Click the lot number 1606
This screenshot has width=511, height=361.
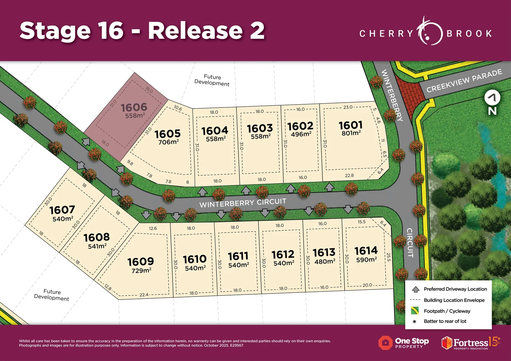134,107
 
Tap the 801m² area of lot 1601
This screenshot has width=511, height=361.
351,133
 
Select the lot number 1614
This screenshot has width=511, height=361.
366,251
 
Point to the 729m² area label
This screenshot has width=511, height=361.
141,270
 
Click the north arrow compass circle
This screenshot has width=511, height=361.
492,98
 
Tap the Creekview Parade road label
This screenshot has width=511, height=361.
464,81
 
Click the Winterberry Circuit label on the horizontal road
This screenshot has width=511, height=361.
243,203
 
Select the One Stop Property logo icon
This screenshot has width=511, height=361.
385,343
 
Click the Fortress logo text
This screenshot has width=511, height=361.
471,343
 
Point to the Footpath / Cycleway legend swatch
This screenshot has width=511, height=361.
415,311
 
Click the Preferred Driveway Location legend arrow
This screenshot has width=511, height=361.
416,289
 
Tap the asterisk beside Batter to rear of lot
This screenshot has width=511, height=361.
415,322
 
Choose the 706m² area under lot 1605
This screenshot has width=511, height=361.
168,142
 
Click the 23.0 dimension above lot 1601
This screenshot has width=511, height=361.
348,107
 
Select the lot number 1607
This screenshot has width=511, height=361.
62,210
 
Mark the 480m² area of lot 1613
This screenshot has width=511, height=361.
325,261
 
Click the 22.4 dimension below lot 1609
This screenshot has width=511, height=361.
144,295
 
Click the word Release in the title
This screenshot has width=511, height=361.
195,31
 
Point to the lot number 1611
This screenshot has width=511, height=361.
238,256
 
